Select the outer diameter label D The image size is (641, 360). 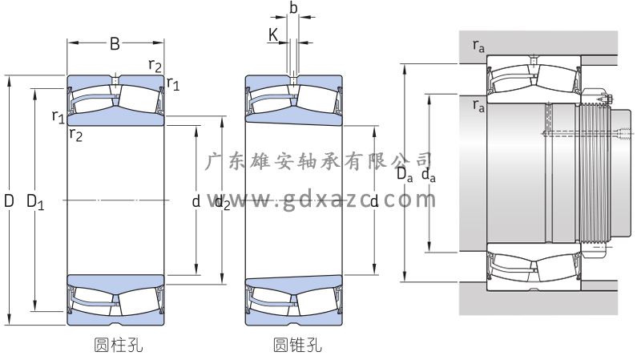(10, 201)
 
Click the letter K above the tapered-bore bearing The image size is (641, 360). (273, 35)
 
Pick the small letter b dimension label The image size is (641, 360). (293, 7)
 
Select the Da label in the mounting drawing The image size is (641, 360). (403, 174)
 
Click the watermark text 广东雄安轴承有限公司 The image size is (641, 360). (320, 161)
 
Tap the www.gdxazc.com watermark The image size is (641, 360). (320, 201)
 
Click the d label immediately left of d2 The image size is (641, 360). (196, 202)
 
